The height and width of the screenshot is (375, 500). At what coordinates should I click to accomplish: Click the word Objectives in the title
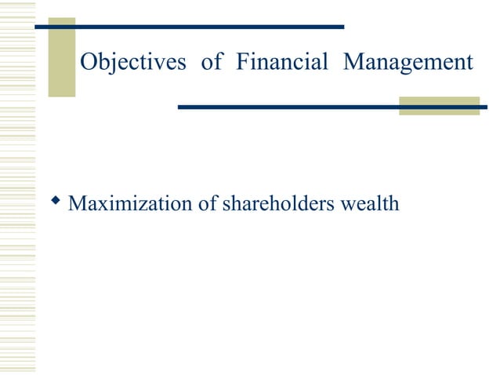(x=132, y=62)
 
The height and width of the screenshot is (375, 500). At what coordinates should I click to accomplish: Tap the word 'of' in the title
(x=212, y=62)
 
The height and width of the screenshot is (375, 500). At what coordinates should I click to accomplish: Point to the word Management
(x=408, y=62)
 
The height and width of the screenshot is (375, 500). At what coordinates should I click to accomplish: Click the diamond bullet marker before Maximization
(x=56, y=203)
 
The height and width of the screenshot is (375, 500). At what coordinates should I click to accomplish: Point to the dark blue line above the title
(x=188, y=27)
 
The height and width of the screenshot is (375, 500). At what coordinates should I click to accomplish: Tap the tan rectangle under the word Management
(x=438, y=106)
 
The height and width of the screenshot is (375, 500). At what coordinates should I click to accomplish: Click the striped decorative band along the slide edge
(x=17, y=188)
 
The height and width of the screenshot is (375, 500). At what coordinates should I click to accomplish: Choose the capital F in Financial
(x=240, y=62)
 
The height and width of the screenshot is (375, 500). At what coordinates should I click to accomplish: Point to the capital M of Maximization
(x=77, y=204)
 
